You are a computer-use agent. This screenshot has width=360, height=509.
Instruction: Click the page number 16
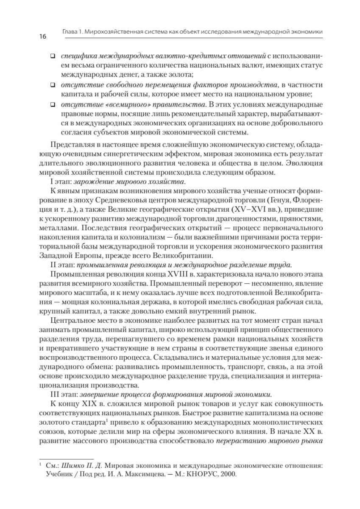pos(42,36)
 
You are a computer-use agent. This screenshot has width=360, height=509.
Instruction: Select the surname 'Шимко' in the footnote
pos(72,466)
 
